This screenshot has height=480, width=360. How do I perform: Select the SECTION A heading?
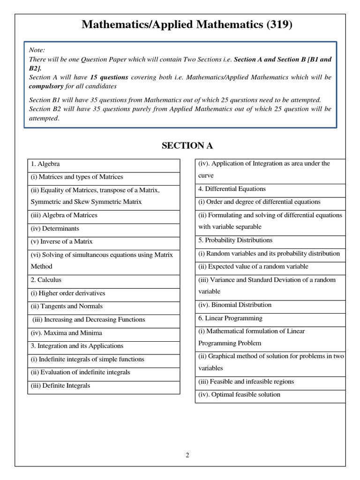tap(187, 145)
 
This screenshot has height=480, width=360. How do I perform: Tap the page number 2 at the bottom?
tap(187, 455)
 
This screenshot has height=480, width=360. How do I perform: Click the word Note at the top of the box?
tap(37, 50)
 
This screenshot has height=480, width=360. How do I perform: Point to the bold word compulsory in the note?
tap(47, 86)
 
